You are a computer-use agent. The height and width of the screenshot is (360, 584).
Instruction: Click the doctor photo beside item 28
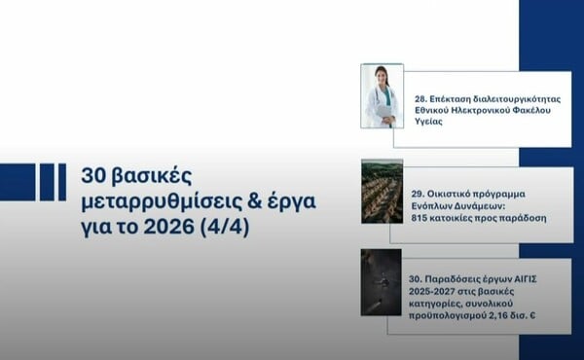382,96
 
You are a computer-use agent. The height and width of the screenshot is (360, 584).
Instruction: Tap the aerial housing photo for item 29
382,192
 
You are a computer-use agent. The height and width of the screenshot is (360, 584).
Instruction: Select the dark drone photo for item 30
381,281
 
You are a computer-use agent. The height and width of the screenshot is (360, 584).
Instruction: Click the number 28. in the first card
420,99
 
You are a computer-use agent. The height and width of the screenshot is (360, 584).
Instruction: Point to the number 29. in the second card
420,182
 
